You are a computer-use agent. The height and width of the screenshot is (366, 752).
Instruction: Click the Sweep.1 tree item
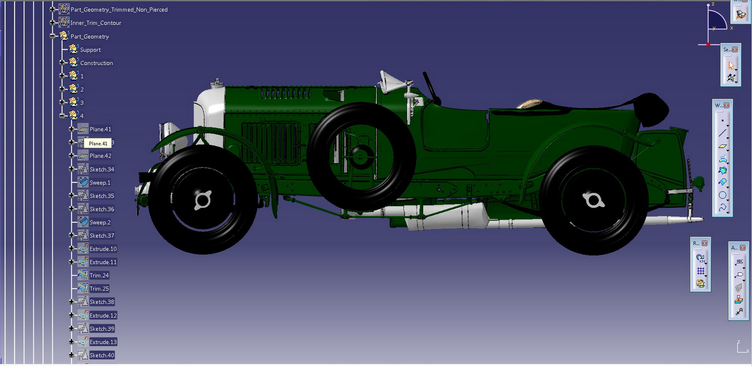click(99, 183)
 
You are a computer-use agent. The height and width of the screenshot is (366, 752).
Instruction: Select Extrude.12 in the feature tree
click(103, 316)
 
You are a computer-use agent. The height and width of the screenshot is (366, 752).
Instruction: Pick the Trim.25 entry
click(99, 289)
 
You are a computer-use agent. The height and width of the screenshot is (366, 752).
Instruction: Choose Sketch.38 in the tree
click(101, 302)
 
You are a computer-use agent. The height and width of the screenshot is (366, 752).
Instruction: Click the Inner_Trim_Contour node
click(96, 23)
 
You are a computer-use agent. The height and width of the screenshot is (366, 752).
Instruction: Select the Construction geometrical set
click(96, 63)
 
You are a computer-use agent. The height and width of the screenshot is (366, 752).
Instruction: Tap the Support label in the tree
click(90, 50)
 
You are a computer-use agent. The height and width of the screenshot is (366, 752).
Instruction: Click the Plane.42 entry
click(100, 156)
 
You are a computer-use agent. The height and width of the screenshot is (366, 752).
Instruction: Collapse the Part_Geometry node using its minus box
click(52, 36)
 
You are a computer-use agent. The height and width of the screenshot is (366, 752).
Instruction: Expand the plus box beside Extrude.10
click(71, 249)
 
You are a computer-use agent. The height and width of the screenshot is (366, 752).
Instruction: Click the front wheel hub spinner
click(203, 200)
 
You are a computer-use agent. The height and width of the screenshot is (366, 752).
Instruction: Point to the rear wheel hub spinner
click(593, 200)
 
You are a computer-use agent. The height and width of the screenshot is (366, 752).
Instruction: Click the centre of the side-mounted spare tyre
click(360, 157)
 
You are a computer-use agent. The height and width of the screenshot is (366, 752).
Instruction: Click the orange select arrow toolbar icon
click(731, 65)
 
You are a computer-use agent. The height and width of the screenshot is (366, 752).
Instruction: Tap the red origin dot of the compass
click(708, 45)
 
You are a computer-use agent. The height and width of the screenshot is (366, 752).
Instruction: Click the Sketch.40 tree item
click(101, 355)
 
